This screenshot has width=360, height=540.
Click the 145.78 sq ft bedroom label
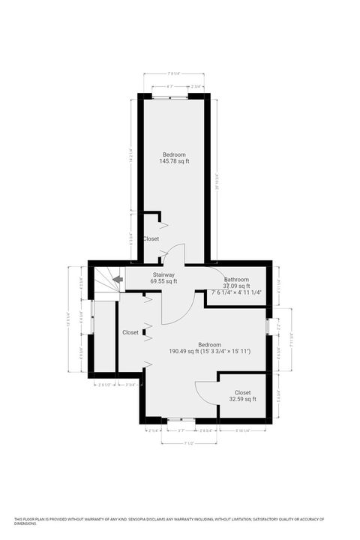(x=175, y=157)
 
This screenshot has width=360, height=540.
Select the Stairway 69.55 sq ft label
(x=163, y=278)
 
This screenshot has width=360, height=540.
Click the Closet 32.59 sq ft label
(x=243, y=395)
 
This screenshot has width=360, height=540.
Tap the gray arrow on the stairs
(x=117, y=280)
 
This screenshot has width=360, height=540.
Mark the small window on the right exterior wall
(x=268, y=326)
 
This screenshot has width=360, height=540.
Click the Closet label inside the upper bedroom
(x=151, y=238)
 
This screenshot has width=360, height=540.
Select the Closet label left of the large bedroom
(x=130, y=332)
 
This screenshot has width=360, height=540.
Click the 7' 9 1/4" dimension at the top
(x=173, y=74)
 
